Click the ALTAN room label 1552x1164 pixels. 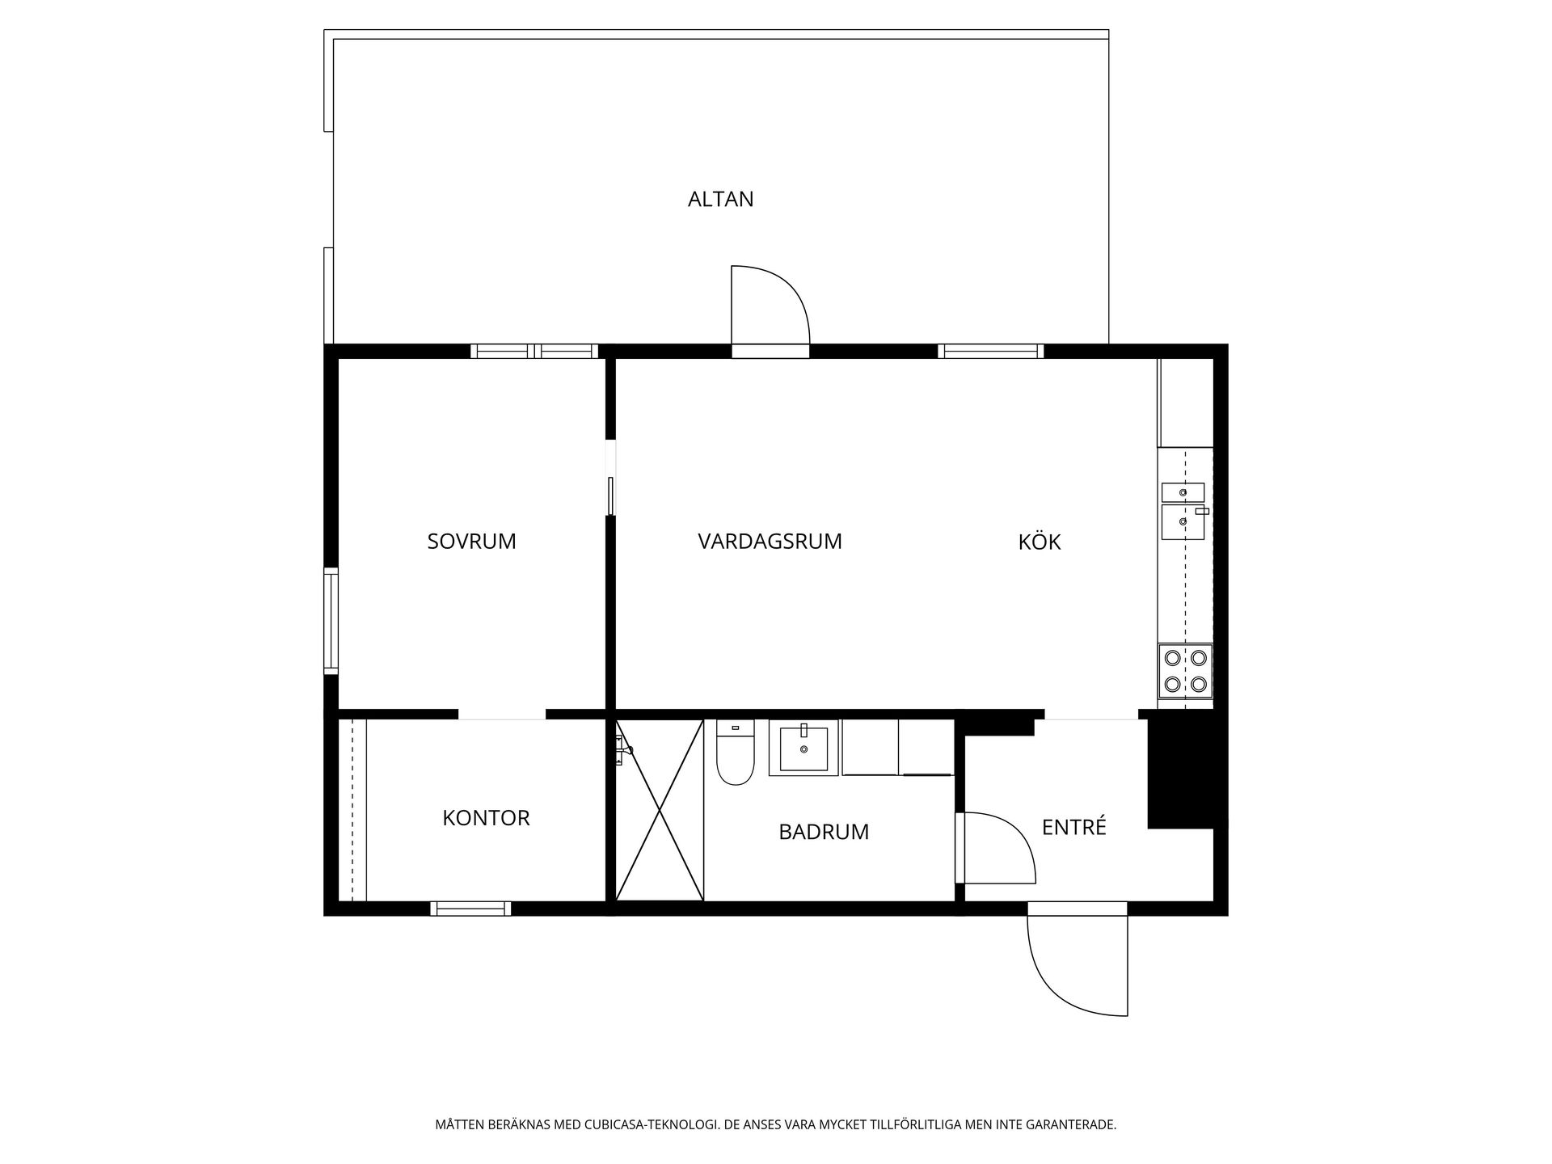click(x=720, y=199)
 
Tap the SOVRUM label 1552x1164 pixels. click(x=471, y=542)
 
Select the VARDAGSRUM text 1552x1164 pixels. click(x=770, y=542)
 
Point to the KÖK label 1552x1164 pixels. click(x=1039, y=542)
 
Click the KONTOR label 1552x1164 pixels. click(x=486, y=818)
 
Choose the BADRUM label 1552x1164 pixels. click(x=824, y=832)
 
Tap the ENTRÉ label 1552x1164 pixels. click(x=1073, y=827)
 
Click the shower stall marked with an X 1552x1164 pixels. click(x=660, y=810)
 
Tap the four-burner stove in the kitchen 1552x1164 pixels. click(x=1185, y=671)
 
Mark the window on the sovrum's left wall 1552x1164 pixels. click(x=331, y=621)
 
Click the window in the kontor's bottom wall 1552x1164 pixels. click(x=470, y=909)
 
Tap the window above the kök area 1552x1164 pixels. click(x=990, y=351)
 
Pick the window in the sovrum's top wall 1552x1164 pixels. click(x=534, y=351)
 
